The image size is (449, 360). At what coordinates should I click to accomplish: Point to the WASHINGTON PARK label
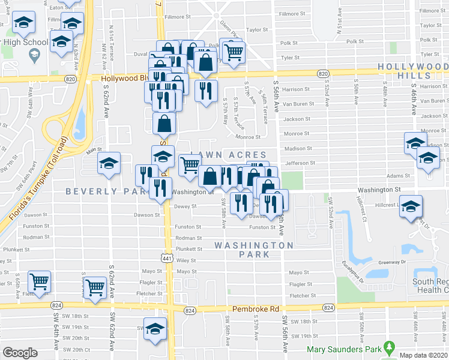pyautogui.click(x=254, y=250)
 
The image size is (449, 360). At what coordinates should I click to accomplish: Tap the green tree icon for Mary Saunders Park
pyautogui.click(x=390, y=347)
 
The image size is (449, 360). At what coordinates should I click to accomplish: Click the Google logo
pyautogui.click(x=20, y=352)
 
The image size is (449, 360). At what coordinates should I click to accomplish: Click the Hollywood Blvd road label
pyautogui.click(x=124, y=78)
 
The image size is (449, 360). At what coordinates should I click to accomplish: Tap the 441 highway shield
pyautogui.click(x=167, y=257)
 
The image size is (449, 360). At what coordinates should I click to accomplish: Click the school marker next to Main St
pyautogui.click(x=109, y=163)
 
